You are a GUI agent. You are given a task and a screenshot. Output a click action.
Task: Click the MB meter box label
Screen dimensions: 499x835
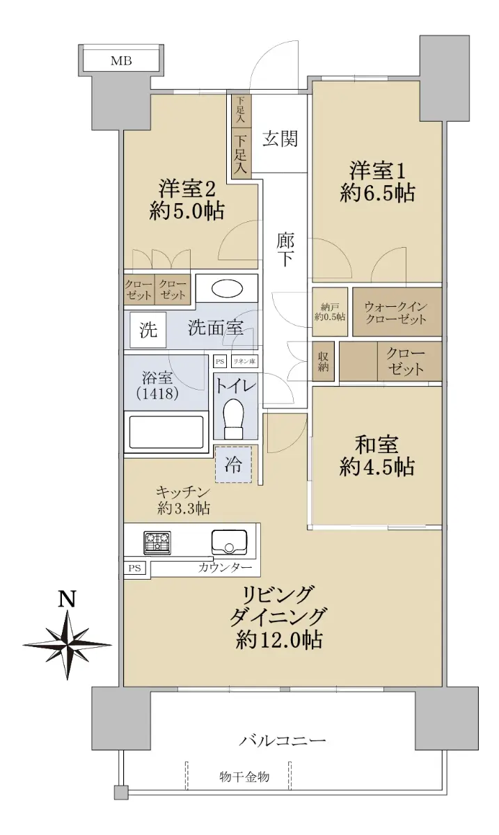[x=121, y=61]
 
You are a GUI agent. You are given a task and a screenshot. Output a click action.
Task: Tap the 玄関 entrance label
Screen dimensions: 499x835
[x=280, y=138]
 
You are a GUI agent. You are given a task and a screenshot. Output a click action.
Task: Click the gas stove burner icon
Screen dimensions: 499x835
[x=157, y=542]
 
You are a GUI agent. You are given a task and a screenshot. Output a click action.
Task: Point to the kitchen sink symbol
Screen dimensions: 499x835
[x=230, y=542]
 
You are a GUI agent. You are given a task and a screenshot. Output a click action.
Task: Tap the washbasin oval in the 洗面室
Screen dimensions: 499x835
[x=227, y=289]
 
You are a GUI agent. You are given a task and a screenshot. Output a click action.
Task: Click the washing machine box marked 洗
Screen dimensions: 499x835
[x=148, y=330]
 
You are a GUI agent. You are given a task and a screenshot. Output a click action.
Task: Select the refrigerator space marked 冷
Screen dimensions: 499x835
[x=233, y=464]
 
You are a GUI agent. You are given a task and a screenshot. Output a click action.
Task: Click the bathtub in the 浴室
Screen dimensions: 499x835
[x=166, y=432]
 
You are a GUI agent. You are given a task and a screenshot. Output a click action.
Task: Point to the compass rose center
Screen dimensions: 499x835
[x=68, y=644]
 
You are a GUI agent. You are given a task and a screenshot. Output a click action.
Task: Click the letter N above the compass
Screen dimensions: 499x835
[x=68, y=599]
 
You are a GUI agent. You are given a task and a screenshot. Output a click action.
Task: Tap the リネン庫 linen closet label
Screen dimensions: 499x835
[x=244, y=361]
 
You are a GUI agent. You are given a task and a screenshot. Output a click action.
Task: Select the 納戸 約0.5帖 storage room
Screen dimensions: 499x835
[x=330, y=312]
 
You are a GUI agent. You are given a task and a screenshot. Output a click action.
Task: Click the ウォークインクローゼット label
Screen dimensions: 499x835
[x=395, y=312]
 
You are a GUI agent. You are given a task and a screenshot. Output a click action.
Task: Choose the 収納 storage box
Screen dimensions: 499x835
[x=323, y=362]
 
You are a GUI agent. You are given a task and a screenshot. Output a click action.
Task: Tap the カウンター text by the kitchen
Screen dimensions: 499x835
[x=225, y=568]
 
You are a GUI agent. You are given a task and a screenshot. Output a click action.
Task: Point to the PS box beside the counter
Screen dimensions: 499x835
[x=134, y=568]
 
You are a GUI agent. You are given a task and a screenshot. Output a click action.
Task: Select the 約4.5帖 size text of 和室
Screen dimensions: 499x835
[x=377, y=466]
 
